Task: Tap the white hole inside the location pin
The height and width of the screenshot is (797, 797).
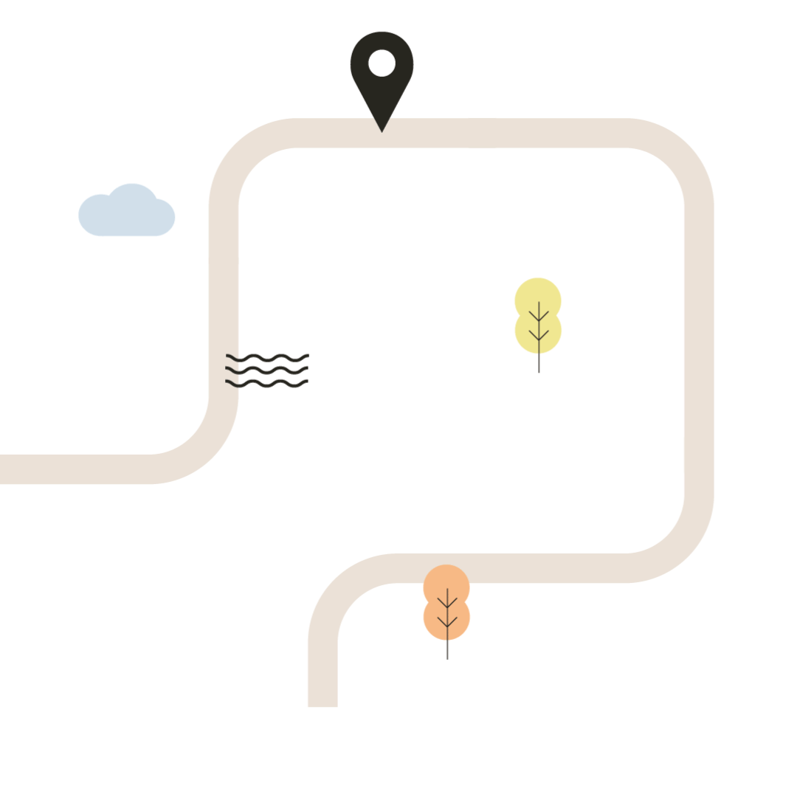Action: click(x=382, y=63)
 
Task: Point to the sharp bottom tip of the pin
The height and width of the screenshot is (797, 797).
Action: click(x=382, y=131)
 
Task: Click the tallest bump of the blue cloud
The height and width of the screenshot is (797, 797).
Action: click(x=132, y=190)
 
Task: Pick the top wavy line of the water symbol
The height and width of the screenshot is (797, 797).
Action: click(x=266, y=357)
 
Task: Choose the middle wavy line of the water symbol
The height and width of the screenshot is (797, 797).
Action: click(x=266, y=370)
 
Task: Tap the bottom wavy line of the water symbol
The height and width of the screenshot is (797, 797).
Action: click(x=266, y=383)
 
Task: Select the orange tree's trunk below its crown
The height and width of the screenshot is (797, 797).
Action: click(x=447, y=650)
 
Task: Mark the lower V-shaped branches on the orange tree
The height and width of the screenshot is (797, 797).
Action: click(x=447, y=622)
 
